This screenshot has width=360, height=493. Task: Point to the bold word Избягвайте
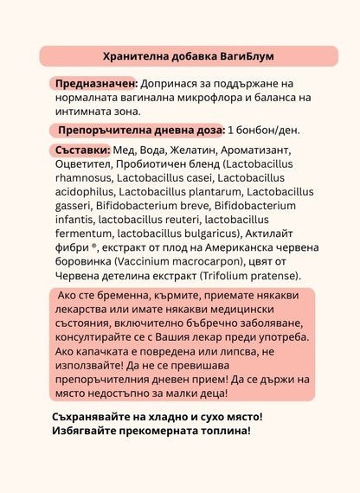coord(87,430)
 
